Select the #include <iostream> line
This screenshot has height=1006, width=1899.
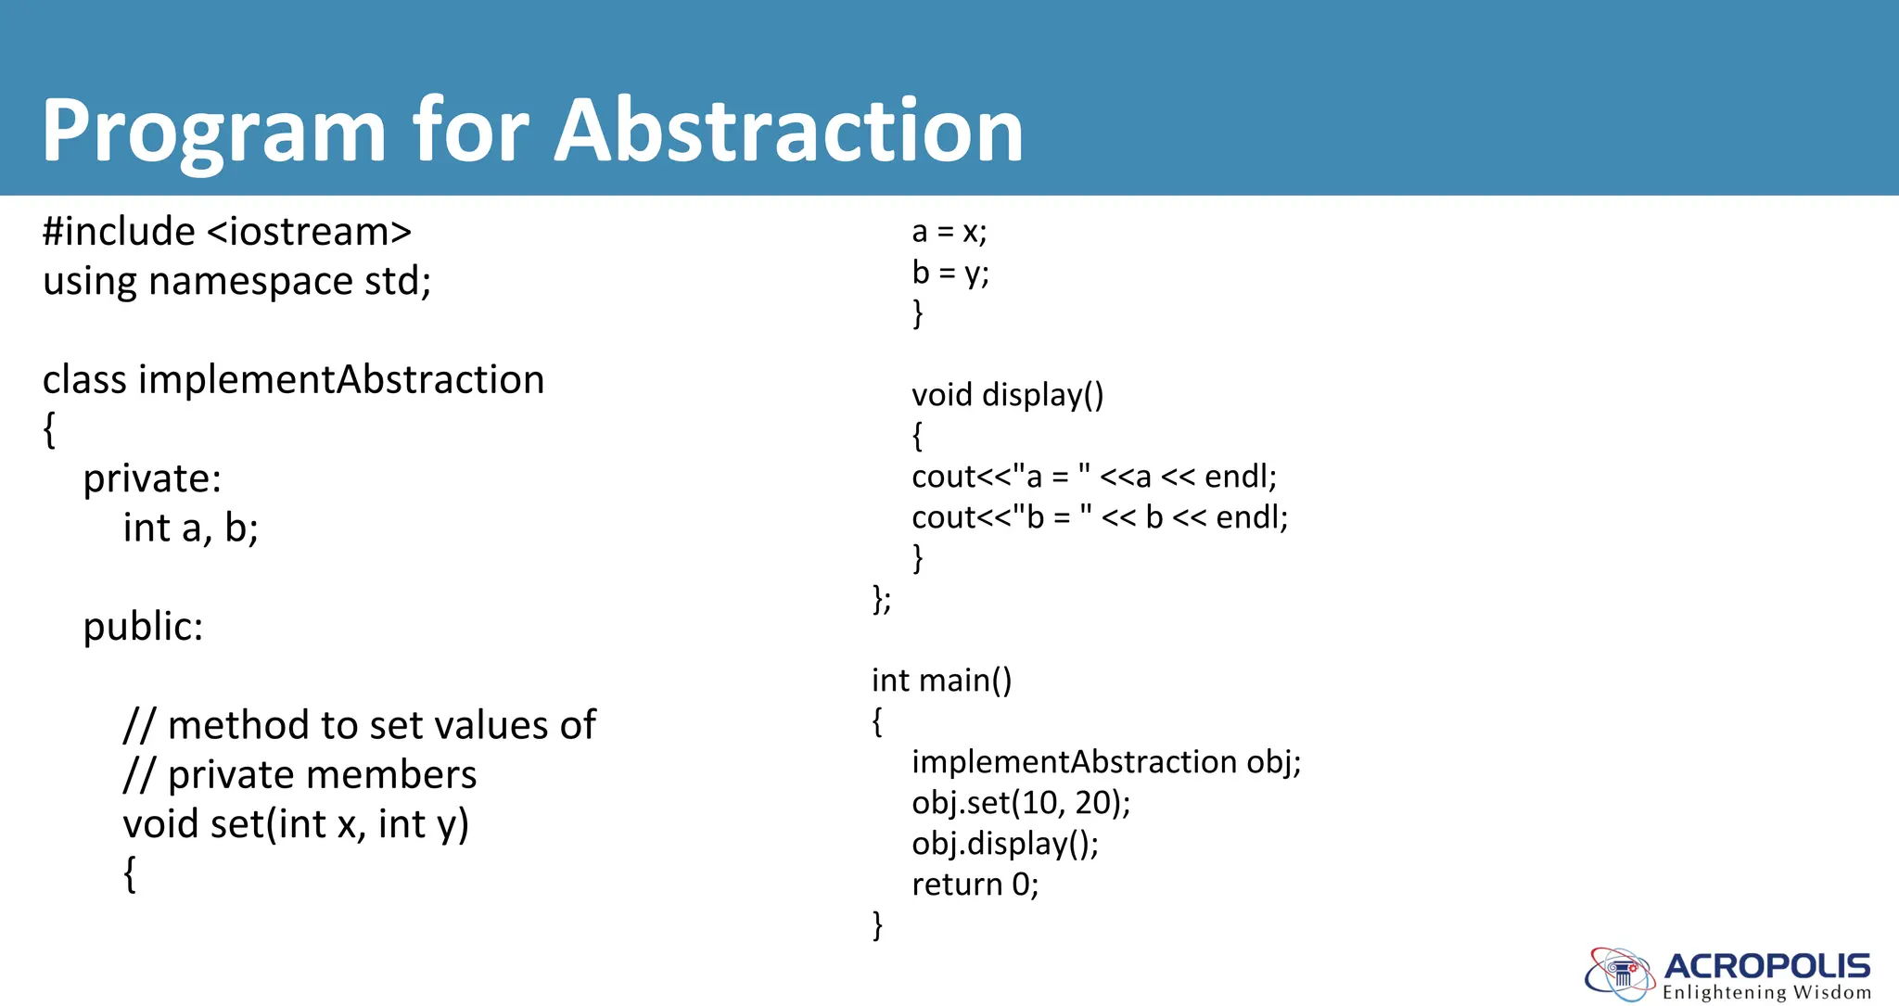click(x=227, y=232)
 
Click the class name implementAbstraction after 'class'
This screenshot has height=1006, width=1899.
click(x=341, y=380)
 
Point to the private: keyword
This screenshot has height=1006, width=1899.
click(x=152, y=479)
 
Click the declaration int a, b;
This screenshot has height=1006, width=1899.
click(x=190, y=528)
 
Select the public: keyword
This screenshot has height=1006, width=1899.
click(x=143, y=627)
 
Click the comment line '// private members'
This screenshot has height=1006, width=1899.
click(x=300, y=775)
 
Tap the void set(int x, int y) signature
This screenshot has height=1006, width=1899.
click(x=296, y=824)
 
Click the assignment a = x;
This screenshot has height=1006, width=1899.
click(x=949, y=232)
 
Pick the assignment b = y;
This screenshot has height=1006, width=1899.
click(x=949, y=273)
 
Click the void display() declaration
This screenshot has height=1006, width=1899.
click(x=1007, y=396)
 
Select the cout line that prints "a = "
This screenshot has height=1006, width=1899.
click(x=1093, y=477)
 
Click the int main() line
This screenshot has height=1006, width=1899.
click(x=941, y=681)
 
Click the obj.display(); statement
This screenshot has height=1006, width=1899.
click(x=1004, y=844)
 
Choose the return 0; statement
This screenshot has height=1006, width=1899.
click(x=975, y=885)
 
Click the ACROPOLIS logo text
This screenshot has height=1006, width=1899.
click(x=1766, y=967)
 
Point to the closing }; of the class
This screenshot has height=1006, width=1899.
click(x=882, y=599)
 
